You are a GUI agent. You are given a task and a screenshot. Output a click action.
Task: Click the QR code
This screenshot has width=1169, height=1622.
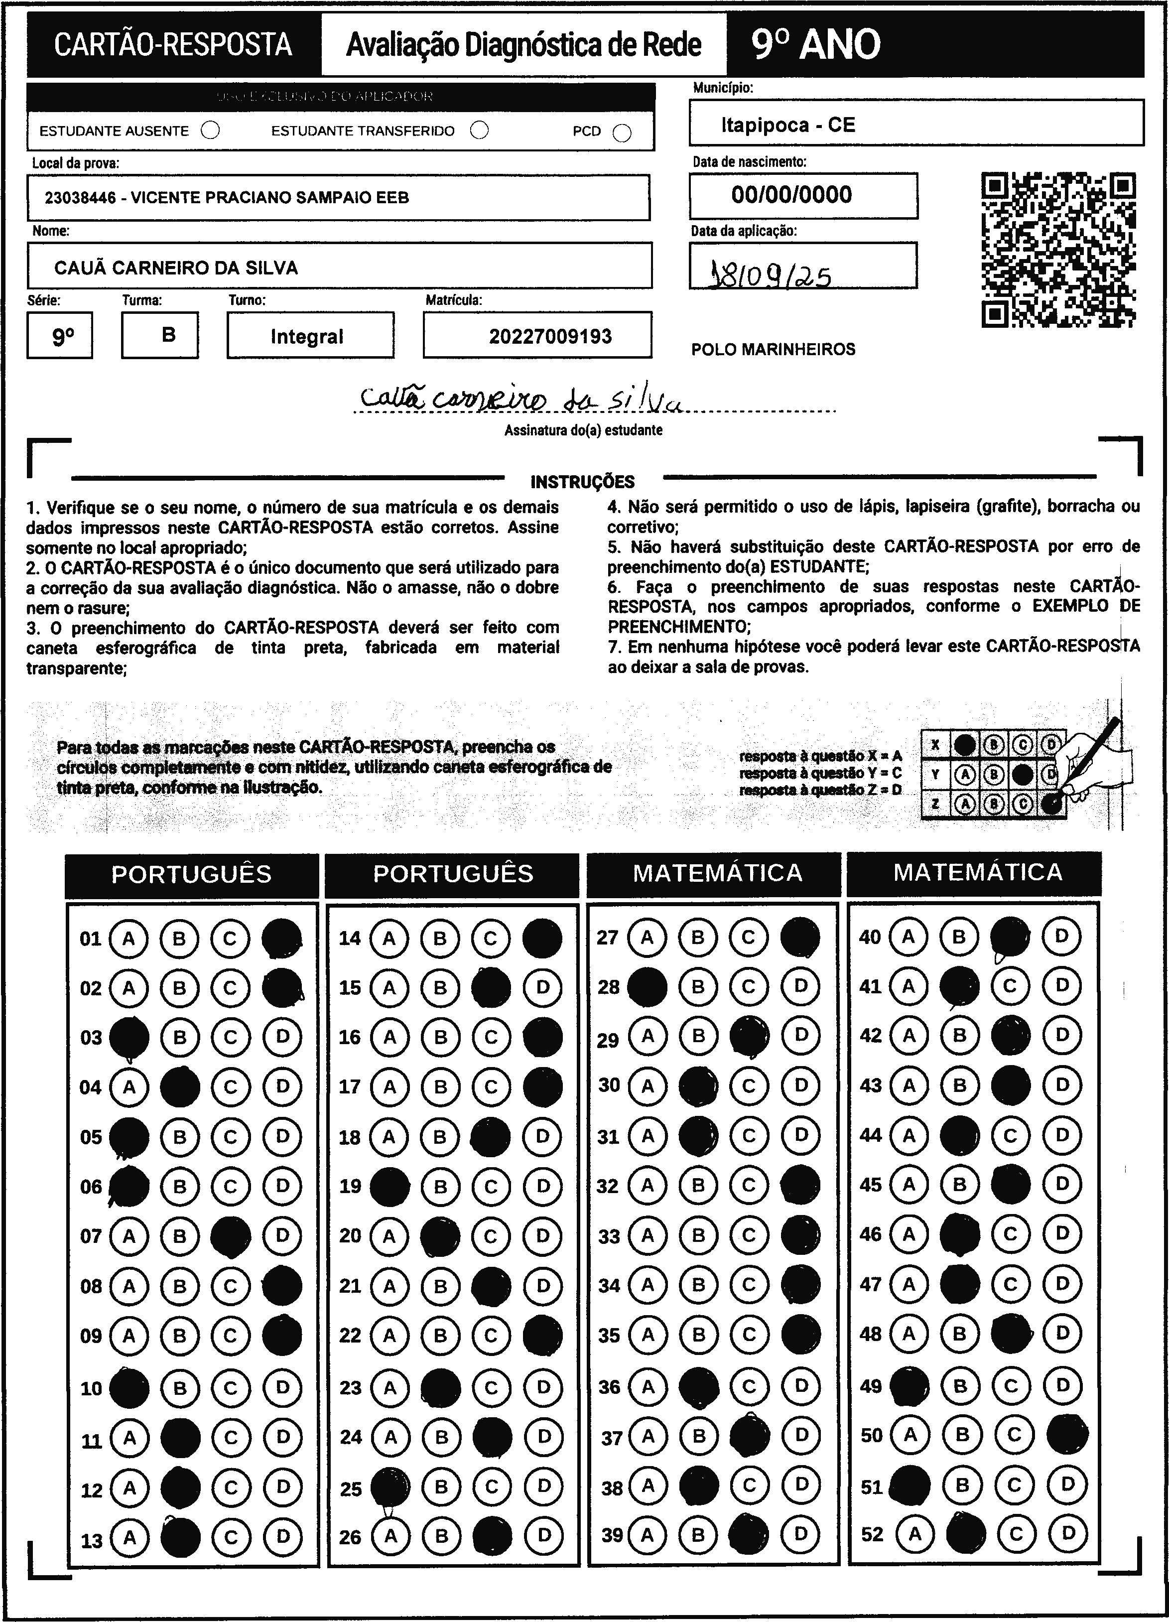click(x=1058, y=250)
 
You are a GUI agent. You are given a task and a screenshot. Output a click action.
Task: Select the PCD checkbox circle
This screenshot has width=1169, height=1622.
click(x=622, y=133)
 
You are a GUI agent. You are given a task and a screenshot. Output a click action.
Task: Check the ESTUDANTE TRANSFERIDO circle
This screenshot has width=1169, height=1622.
click(x=480, y=130)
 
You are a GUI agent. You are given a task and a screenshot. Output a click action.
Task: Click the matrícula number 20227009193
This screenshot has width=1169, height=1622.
click(x=550, y=337)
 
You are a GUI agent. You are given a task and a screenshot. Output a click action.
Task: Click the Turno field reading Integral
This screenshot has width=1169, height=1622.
click(x=307, y=337)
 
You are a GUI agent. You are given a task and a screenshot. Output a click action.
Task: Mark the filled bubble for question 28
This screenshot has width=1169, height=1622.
click(x=647, y=987)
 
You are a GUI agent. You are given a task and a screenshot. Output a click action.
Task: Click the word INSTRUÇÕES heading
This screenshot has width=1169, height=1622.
click(x=583, y=481)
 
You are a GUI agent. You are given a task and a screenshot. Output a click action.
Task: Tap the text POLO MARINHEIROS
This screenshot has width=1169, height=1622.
click(x=773, y=350)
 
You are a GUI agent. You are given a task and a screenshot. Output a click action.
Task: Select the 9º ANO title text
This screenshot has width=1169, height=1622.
click(x=815, y=45)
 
